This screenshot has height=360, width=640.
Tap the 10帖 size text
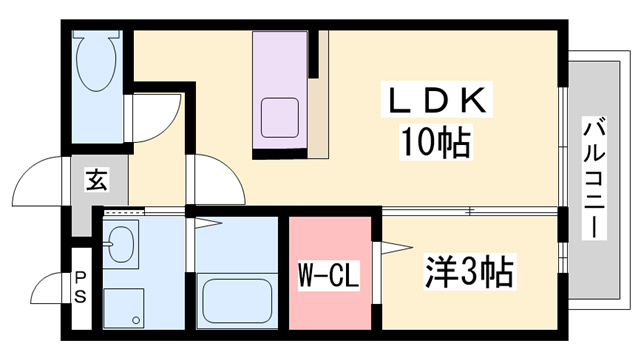point(437,143)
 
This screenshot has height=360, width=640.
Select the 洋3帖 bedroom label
point(470,270)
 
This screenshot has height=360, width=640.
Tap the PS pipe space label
point(80,288)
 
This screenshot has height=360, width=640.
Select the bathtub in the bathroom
point(237,297)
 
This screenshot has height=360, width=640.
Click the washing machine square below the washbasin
point(125,304)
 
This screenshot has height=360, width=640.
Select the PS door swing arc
point(50,290)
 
